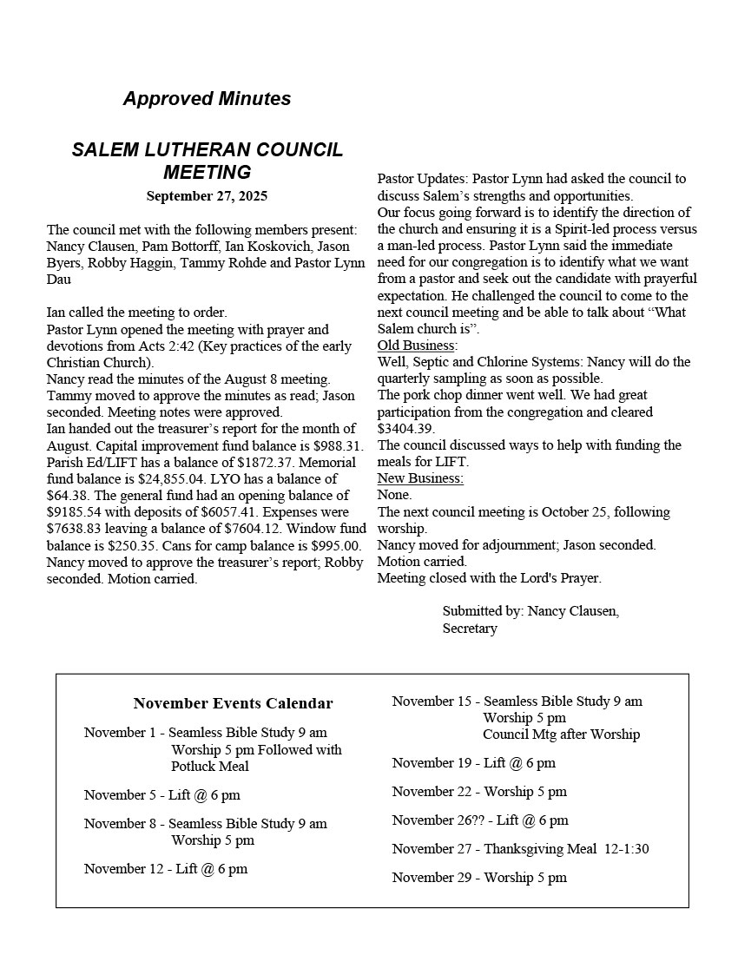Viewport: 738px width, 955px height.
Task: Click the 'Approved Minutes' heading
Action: [207, 99]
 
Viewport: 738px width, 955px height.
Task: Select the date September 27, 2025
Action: [207, 196]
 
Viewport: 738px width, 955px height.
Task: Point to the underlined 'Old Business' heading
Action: [416, 346]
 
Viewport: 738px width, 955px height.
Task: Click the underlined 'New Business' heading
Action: [420, 478]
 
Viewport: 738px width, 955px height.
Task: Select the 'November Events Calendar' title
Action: [233, 703]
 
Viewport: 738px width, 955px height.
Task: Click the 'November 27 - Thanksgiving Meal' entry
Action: [520, 849]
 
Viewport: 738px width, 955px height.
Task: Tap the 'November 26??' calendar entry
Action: [480, 820]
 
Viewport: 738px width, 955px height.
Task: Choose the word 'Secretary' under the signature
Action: [470, 629]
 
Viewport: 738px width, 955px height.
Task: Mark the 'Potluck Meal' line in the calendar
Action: [210, 767]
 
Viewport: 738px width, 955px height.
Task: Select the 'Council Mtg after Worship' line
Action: [561, 734]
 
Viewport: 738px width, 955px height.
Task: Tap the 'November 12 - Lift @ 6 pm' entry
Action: [166, 869]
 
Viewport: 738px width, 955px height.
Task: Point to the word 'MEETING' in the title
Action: [207, 172]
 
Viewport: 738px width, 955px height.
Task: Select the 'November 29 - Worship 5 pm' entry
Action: [479, 878]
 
